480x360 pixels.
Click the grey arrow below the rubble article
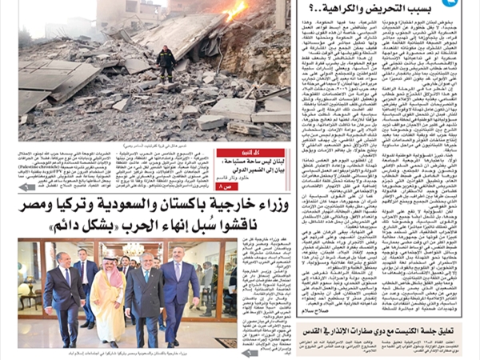click(27, 186)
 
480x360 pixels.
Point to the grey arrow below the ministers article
click(250, 353)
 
